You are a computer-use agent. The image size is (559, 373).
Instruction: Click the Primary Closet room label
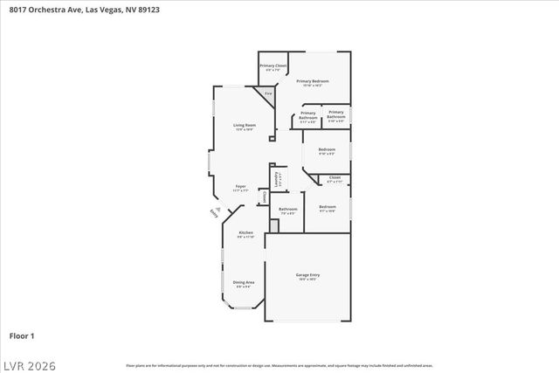pyautogui.click(x=273, y=67)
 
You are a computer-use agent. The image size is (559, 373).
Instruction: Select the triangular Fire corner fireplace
pyautogui.click(x=269, y=93)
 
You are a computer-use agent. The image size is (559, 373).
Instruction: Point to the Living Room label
pyautogui.click(x=244, y=127)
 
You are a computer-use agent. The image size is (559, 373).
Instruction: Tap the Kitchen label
pyautogui.click(x=246, y=234)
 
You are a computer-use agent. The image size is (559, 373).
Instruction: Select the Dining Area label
pyautogui.click(x=244, y=283)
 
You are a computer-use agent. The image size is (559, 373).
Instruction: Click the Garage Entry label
pyautogui.click(x=307, y=277)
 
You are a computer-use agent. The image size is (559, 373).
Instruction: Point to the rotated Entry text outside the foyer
pyautogui.click(x=214, y=212)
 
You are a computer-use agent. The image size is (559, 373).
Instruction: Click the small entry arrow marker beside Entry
pyautogui.click(x=218, y=207)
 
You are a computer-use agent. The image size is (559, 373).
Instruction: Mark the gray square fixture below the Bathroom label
pyautogui.click(x=273, y=225)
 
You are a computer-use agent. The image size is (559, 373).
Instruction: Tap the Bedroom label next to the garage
pyautogui.click(x=327, y=208)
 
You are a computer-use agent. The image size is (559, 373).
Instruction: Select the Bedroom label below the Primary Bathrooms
pyautogui.click(x=327, y=151)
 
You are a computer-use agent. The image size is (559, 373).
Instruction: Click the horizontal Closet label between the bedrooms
pyautogui.click(x=335, y=179)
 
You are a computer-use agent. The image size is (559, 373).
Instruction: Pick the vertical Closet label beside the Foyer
pyautogui.click(x=264, y=197)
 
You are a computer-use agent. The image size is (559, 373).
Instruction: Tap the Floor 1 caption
pyautogui.click(x=21, y=335)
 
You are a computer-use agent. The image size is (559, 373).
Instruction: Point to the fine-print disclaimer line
pyautogui.click(x=279, y=366)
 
